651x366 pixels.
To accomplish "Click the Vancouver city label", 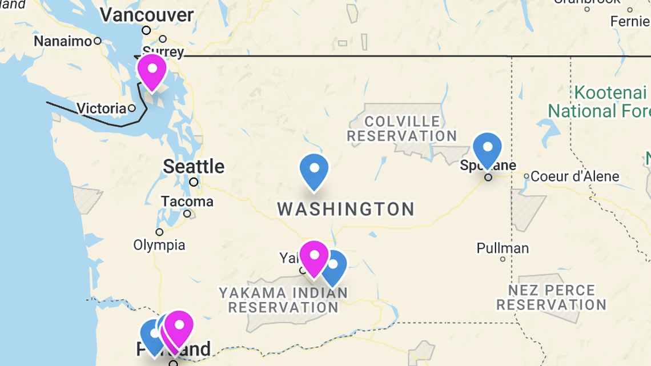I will click(147, 15).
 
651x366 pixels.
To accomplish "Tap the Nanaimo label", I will click(63, 41).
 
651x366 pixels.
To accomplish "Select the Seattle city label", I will click(194, 167).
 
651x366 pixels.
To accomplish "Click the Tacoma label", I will click(187, 202).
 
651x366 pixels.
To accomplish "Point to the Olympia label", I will click(159, 245).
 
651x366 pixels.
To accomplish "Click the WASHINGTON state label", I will click(346, 209).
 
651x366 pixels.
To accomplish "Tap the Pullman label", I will click(503, 248).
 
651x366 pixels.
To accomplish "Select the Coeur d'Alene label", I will click(574, 176).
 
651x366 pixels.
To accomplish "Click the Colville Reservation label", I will click(402, 128).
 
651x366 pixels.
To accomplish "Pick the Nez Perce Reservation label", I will click(551, 297).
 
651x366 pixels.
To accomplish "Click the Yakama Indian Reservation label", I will click(283, 300).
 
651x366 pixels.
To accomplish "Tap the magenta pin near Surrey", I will click(152, 71).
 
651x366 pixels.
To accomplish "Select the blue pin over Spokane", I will click(487, 149).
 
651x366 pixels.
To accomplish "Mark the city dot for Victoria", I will click(132, 108).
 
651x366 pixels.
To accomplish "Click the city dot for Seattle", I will click(194, 182).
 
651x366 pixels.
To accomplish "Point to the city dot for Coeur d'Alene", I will click(527, 176).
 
